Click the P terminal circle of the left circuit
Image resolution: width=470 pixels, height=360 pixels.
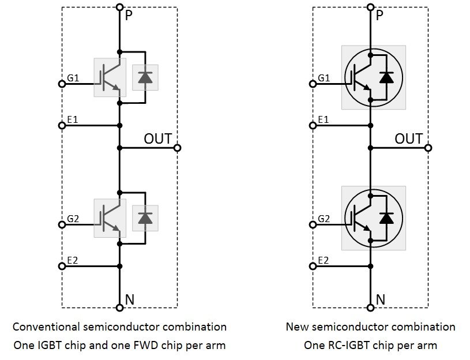point(119,7)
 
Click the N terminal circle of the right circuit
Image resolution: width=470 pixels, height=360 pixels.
point(371,307)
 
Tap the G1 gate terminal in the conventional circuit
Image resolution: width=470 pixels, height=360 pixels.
point(62,84)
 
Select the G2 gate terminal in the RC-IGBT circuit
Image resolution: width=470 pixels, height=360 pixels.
point(313,224)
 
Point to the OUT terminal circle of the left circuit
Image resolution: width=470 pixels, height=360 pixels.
point(178,148)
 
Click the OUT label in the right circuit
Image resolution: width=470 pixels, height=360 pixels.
point(408,139)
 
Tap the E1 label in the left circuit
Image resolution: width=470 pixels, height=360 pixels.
point(73,119)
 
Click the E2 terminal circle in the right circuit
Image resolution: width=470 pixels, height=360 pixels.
point(313,266)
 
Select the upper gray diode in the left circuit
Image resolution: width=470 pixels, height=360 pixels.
point(145,77)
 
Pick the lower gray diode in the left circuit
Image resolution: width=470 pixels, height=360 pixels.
point(145,218)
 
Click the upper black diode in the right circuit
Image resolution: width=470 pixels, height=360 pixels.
point(387,77)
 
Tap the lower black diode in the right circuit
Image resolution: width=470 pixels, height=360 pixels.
point(387,218)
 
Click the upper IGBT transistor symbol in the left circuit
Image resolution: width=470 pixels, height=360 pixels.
point(110,77)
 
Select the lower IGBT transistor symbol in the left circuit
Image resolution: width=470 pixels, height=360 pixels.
point(110,218)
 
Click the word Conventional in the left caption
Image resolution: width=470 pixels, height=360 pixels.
point(47,327)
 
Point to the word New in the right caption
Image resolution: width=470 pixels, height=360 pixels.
point(297,327)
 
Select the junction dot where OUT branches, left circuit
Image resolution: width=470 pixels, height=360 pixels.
point(119,148)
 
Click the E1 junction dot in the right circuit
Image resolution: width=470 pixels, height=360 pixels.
point(371,126)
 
